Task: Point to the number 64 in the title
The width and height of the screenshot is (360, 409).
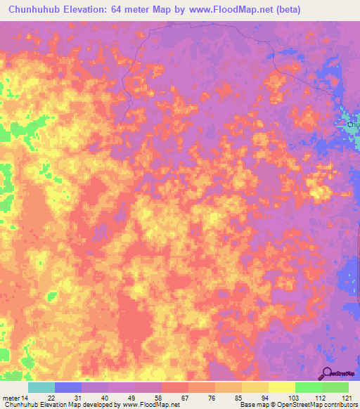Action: pos(127,10)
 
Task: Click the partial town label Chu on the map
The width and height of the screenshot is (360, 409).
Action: pos(352,124)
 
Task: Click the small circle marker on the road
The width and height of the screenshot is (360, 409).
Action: pos(130,103)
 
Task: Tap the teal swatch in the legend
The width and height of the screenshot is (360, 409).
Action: pos(41,387)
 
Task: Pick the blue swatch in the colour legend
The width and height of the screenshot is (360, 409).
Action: pos(68,387)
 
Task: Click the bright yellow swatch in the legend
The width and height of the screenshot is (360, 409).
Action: pos(281,387)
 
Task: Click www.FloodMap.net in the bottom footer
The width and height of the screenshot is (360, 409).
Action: pos(148,405)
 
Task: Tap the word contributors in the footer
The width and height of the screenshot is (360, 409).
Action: pos(338,405)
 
